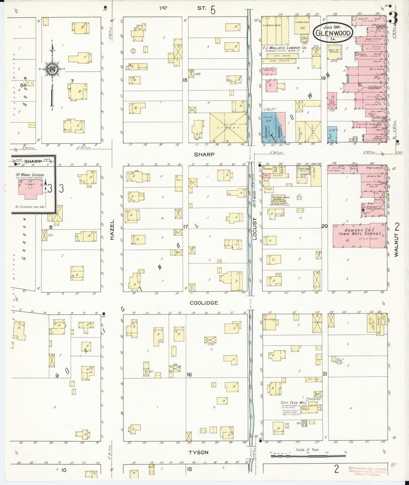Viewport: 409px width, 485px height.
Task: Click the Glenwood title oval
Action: (333, 33)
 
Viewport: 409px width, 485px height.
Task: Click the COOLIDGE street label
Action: (204, 303)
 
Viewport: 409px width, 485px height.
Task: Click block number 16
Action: (189, 375)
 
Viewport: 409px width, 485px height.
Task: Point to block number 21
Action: (325, 374)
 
